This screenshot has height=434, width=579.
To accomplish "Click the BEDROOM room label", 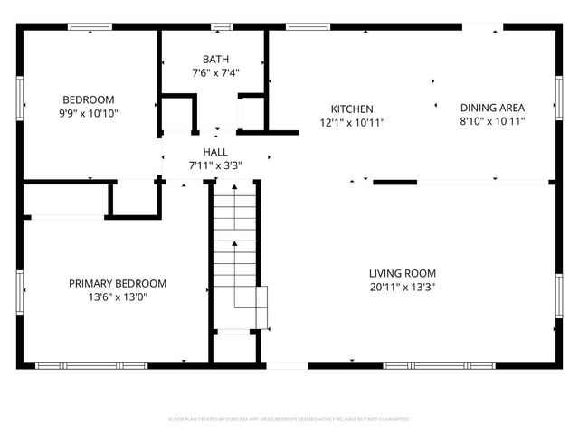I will tap(88, 99).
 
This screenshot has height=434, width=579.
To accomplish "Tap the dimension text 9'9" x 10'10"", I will tap(88, 113).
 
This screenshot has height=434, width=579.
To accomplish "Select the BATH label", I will tap(214, 60).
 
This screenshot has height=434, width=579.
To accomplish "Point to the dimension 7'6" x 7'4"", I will tap(214, 72).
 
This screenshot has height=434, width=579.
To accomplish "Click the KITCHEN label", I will tap(351, 109).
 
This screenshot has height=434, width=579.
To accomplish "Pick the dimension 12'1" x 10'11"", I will tap(351, 122).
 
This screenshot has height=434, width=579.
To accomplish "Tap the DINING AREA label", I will tap(491, 107).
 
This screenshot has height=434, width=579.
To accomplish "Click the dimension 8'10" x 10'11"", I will tap(491, 119).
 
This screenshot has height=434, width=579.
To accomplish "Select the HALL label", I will tap(214, 153).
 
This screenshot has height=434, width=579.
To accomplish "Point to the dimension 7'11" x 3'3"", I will tap(214, 165).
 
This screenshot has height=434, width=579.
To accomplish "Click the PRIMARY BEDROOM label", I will tap(118, 283).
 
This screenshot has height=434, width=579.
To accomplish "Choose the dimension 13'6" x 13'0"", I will tap(118, 297).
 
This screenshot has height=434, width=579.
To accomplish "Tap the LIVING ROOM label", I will tap(402, 273).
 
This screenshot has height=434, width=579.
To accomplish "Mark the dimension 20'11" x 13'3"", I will tap(402, 287).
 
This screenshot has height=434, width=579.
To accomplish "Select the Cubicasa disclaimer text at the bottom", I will tap(289, 420).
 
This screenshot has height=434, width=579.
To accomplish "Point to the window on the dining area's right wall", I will tap(558, 94).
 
